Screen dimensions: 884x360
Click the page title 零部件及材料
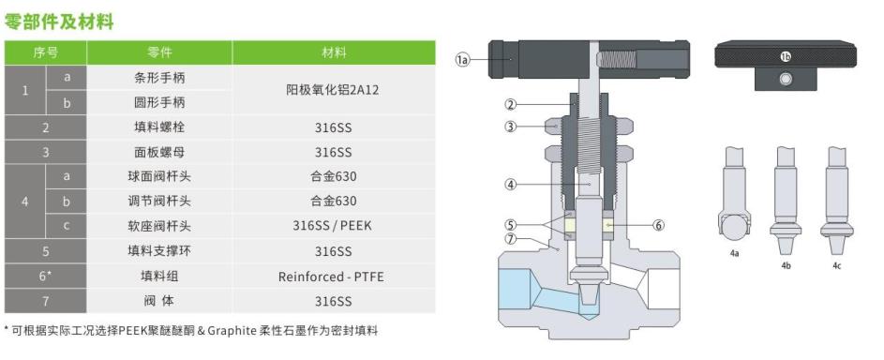coord(59,22)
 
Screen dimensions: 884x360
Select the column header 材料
coord(334,52)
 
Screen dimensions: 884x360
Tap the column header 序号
coord(46,52)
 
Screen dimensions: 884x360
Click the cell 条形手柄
coord(159,78)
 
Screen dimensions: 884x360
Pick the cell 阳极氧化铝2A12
coord(333,90)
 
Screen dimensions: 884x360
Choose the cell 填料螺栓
coord(159,127)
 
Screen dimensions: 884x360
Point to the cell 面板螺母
coord(159,152)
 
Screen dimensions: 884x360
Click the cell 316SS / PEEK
coord(333,226)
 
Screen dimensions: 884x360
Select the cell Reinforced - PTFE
coord(333,277)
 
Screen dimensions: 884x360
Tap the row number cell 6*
coord(46,277)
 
